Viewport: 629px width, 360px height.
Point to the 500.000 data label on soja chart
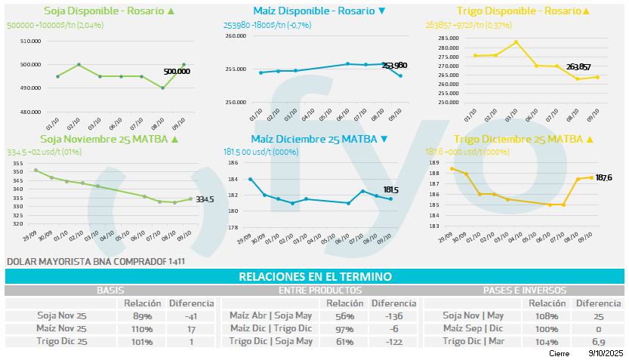click(x=177, y=71)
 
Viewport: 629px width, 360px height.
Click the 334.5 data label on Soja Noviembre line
click(x=205, y=199)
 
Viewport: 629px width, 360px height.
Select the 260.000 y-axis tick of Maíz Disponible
click(x=236, y=36)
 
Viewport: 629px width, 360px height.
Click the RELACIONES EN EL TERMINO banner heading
click(x=314, y=277)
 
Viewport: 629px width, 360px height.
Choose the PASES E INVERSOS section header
click(x=524, y=290)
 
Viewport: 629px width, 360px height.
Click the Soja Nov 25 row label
click(x=63, y=315)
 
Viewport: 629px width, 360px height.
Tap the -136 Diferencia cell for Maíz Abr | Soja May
click(x=393, y=315)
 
